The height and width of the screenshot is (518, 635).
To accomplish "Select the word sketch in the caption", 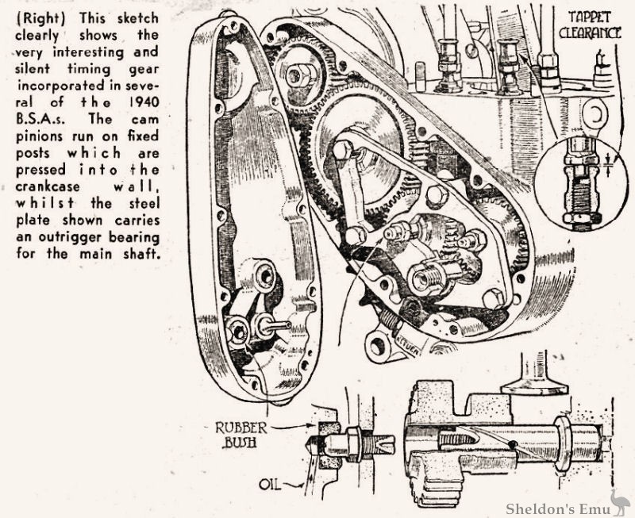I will click(x=136, y=17).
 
